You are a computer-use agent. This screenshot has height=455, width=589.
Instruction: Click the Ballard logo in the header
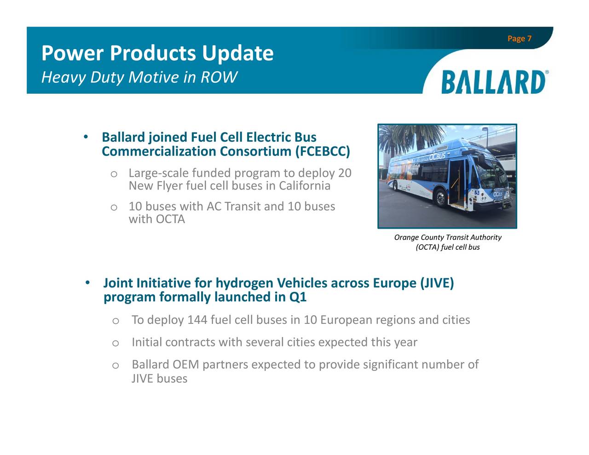[x=494, y=82]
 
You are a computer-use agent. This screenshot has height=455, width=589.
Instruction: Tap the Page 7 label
[x=519, y=39]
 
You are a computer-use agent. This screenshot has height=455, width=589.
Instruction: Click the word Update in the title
[x=238, y=53]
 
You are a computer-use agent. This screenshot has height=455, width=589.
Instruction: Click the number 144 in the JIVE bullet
[x=197, y=320]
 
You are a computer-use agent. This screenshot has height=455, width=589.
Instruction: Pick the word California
[x=305, y=186]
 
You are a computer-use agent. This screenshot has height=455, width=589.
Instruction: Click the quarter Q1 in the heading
[x=298, y=297]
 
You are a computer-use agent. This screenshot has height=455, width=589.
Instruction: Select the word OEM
[x=185, y=365]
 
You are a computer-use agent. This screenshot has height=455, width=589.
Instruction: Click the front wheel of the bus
[x=440, y=198]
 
